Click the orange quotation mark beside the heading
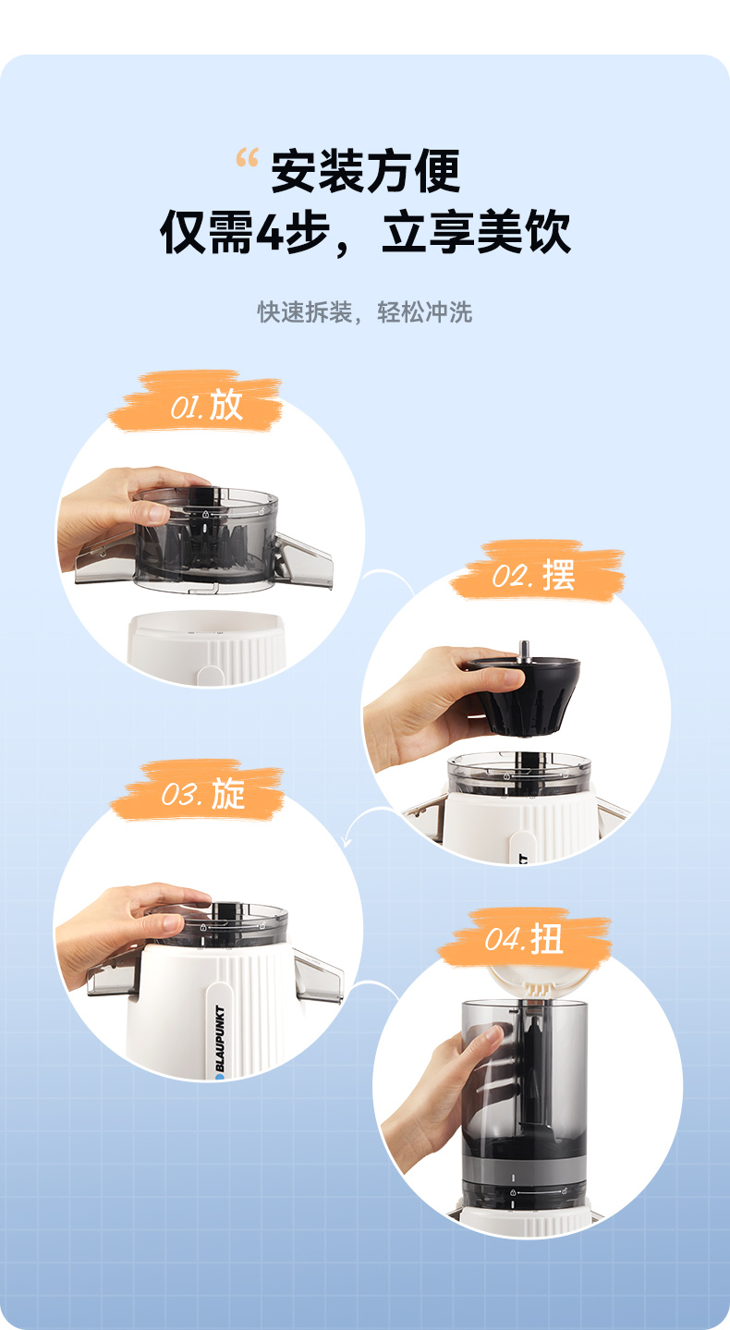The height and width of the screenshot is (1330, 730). tap(247, 157)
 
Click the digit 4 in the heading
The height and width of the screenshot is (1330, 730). tap(270, 232)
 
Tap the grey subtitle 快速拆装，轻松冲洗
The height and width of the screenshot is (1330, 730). tap(364, 312)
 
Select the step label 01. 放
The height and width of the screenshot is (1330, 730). tap(207, 406)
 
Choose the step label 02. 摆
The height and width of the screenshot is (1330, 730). tap(533, 575)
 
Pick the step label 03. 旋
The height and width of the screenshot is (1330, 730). tap(203, 794)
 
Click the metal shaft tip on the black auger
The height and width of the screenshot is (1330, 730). tap(524, 649)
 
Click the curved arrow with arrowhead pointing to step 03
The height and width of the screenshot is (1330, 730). tap(367, 821)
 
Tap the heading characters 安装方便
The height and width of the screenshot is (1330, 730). tap(366, 171)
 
